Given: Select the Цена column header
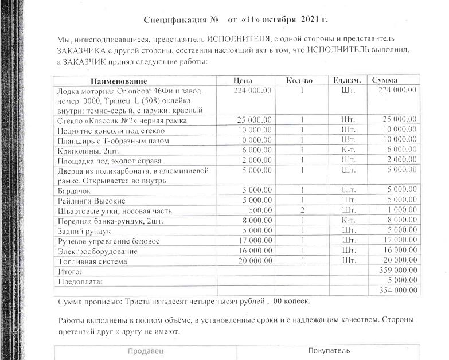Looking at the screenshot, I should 243,80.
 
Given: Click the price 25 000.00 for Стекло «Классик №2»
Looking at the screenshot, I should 254,120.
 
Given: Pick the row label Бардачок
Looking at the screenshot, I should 75,190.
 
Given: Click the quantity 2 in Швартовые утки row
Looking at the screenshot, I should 301,210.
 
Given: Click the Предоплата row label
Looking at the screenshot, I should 80,281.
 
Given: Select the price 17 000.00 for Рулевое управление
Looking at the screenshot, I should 254,240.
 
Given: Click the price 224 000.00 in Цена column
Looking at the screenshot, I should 252,91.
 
